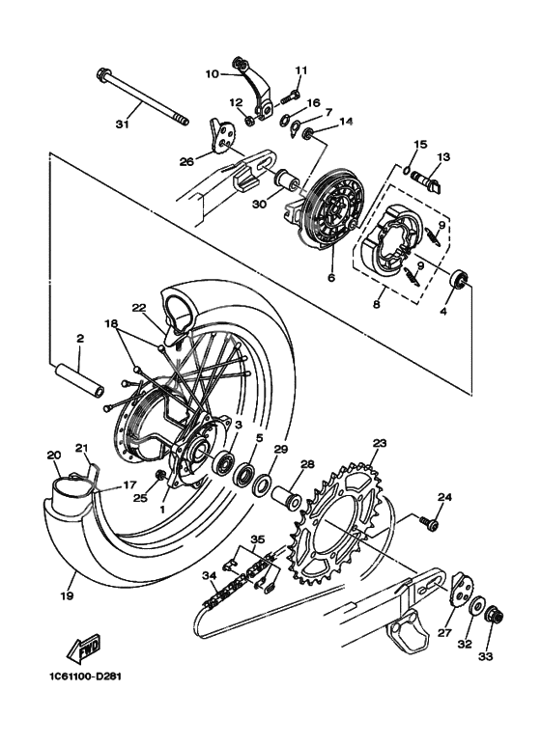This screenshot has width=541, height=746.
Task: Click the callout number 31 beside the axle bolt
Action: pyautogui.click(x=121, y=123)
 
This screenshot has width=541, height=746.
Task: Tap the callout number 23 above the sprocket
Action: pyautogui.click(x=380, y=443)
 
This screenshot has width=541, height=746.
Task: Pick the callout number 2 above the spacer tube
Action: pyautogui.click(x=80, y=339)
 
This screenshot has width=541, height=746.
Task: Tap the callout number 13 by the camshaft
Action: pyautogui.click(x=443, y=156)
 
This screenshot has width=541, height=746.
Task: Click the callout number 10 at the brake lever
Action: pyautogui.click(x=213, y=73)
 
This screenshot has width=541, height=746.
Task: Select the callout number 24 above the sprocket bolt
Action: pyautogui.click(x=444, y=497)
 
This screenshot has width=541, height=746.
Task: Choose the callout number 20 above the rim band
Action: pyautogui.click(x=54, y=455)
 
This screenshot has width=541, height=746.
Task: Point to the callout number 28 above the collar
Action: pyautogui.click(x=307, y=465)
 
